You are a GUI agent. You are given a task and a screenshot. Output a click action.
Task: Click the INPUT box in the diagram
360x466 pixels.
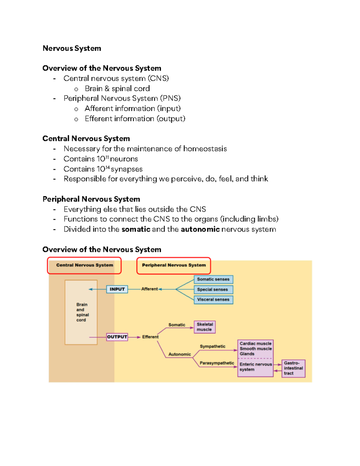click(117, 289)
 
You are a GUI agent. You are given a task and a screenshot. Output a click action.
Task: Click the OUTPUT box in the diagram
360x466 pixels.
click(117, 337)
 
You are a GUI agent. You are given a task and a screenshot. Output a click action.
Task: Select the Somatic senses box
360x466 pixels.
click(213, 279)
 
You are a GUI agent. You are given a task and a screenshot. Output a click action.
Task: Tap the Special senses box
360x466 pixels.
click(213, 290)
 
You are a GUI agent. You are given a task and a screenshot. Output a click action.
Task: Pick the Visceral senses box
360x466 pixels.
click(213, 299)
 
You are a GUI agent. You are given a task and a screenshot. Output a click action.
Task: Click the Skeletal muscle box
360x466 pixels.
click(205, 327)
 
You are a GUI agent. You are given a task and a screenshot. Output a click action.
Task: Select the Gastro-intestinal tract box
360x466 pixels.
click(293, 368)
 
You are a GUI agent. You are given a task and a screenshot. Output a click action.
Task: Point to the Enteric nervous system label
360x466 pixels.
click(255, 367)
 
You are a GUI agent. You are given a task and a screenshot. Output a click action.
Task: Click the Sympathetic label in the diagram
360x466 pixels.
click(212, 346)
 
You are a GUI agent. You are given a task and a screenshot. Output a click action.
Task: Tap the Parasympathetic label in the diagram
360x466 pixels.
click(217, 363)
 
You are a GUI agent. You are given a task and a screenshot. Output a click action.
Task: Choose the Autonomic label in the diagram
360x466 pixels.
click(179, 354)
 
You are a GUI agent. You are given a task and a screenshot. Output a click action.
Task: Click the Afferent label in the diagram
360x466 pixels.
click(149, 289)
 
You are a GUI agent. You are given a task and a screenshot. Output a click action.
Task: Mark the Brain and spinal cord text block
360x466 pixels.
click(82, 312)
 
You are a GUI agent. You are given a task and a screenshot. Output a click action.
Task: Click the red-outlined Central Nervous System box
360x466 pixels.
click(84, 265)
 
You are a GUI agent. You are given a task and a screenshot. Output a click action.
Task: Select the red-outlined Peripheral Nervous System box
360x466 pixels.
click(174, 265)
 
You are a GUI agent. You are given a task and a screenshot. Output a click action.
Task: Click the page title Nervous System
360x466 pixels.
click(72, 48)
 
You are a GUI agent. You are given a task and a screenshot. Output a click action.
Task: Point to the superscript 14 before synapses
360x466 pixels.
click(108, 167)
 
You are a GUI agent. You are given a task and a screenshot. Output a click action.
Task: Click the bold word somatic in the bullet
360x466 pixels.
click(136, 229)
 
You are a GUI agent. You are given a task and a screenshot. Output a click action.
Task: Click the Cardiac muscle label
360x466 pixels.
click(255, 344)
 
